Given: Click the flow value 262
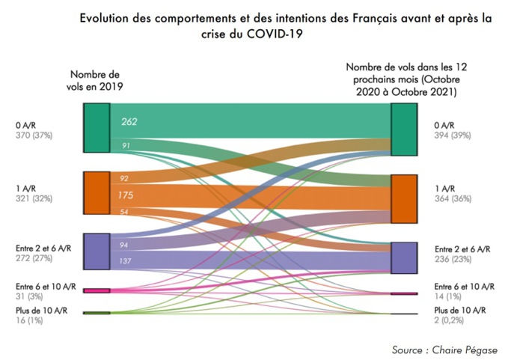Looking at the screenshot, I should [x=129, y=121].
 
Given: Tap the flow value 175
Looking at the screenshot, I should [x=126, y=195].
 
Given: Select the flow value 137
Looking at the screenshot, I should [x=125, y=260].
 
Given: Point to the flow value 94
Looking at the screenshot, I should [x=125, y=245].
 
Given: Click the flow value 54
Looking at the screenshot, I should [x=125, y=213].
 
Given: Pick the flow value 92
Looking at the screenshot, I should [x=125, y=178].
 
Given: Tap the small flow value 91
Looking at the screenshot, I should [x=125, y=145].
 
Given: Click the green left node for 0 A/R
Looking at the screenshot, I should [x=97, y=128].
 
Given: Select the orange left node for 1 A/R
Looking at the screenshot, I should [x=97, y=193].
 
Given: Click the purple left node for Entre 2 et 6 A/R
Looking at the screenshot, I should [x=97, y=251].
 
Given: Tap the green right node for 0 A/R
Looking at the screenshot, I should [x=403, y=129].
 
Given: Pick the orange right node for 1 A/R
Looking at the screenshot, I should [x=403, y=199].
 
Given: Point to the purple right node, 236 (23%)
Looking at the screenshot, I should [x=403, y=258].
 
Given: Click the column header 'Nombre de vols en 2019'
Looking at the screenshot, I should [x=95, y=80].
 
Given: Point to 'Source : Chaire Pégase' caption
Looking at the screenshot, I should [x=444, y=350].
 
